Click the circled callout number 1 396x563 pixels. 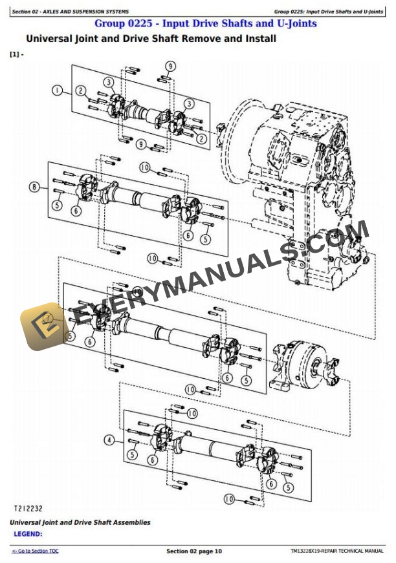[x=58, y=91]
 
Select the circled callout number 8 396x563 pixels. [x=34, y=188]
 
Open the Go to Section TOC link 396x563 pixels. [x=35, y=551]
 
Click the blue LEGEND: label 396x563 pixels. [x=28, y=534]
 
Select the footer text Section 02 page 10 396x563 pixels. [x=194, y=551]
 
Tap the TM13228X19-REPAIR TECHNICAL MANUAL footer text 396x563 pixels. [x=336, y=551]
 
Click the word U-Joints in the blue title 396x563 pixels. [x=296, y=23]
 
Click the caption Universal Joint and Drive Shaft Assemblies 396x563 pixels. [x=80, y=522]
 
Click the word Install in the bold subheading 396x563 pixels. [x=258, y=39]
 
